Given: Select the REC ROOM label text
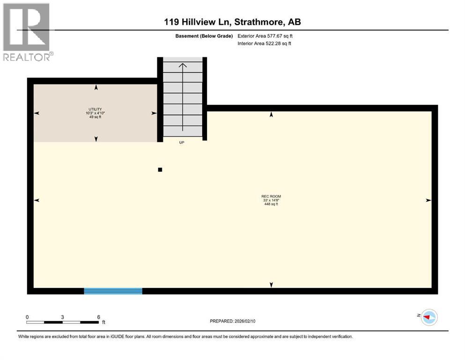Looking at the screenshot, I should [272, 196].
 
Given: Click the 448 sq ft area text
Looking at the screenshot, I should [272, 204].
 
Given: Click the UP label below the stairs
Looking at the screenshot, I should [182, 142].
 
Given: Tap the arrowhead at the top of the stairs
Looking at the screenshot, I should [183, 65].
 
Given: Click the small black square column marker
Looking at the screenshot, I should [160, 170].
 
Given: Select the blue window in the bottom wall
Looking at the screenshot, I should [113, 291].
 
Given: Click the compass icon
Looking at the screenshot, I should [428, 317].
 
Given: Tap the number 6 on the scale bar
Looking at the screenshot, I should [98, 317].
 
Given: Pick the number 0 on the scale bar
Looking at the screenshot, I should [27, 317].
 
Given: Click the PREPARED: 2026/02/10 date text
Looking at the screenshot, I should [233, 321].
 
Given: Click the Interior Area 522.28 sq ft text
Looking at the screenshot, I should [265, 44].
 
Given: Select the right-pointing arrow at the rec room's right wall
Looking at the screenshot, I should [428, 200].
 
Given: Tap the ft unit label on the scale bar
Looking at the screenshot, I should [103, 322].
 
